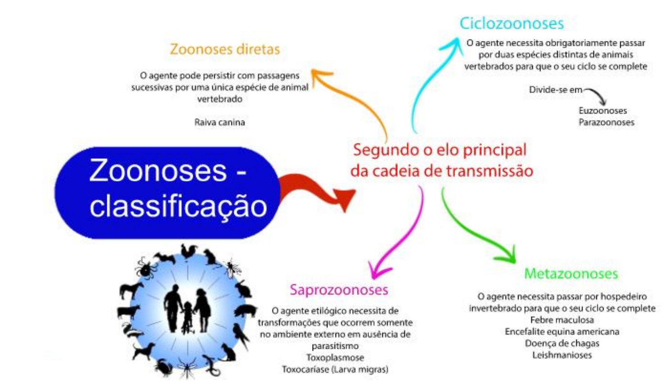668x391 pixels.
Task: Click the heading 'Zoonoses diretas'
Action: pos(225,49)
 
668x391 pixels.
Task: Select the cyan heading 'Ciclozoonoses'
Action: pos(511,23)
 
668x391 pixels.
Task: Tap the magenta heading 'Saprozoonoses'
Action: pos(339,290)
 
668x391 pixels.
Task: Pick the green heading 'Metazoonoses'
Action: pos(571,274)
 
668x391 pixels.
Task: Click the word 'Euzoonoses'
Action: pos(602,111)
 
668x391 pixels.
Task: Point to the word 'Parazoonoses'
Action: pos(606,122)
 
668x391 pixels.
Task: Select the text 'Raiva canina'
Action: pos(219,122)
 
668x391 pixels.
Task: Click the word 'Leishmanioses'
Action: pos(562,355)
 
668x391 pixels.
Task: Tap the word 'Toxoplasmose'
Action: pos(335,358)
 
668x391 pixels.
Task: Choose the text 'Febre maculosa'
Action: pos(562,320)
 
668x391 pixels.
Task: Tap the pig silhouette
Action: pos(245,311)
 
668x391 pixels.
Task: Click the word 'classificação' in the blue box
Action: pos(178,207)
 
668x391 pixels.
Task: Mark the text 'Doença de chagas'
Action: pos(562,343)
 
